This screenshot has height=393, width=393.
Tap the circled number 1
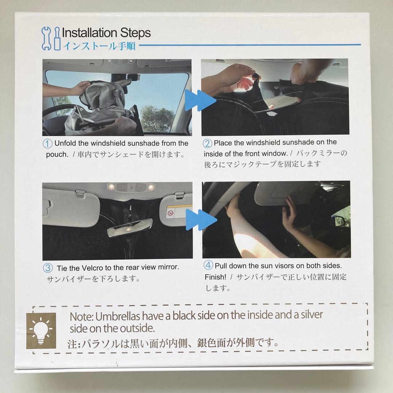[x=48, y=143]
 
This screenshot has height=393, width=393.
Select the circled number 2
[x=207, y=143]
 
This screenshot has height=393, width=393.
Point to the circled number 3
[x=48, y=268]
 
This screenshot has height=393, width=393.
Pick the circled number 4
[x=209, y=266]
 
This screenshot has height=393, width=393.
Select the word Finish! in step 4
[x=215, y=277]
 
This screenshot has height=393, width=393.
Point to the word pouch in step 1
[x=57, y=154]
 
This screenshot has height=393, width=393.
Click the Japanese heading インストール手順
[x=99, y=46]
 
